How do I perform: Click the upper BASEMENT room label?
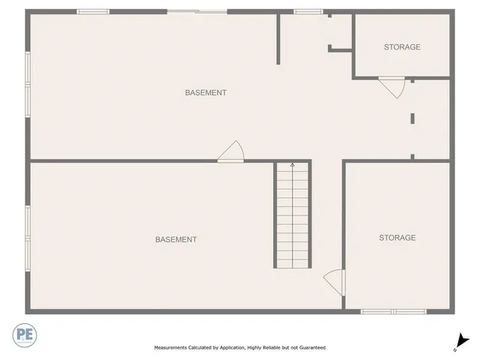[x=205, y=93]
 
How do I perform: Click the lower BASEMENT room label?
[x=176, y=239]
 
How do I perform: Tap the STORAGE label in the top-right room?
[x=402, y=47]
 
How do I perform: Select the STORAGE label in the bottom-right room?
[x=397, y=238]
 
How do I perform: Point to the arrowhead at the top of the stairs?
[x=292, y=165]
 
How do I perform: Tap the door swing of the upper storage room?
[x=392, y=87]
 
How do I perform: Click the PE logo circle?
[x=22, y=334]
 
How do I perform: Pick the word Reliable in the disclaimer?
[x=262, y=347]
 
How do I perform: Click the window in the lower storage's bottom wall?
[x=393, y=311]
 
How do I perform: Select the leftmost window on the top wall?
[x=93, y=11]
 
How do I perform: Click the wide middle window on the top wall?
[x=196, y=11]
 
